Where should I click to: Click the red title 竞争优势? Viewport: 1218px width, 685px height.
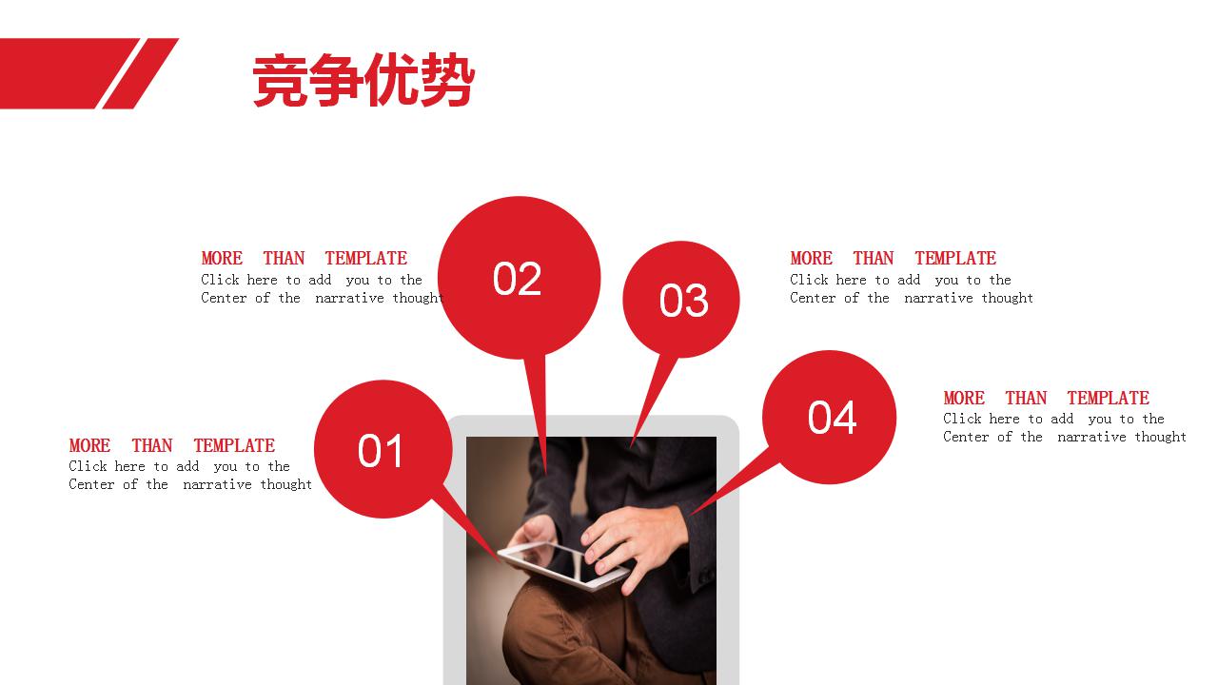point(363,81)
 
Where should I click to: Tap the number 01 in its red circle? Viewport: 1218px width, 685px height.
point(381,451)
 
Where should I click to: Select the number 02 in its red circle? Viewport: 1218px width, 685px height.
point(517,279)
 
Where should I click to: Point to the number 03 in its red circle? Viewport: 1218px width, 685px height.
point(683,301)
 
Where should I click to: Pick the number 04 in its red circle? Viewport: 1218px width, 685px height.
point(832,418)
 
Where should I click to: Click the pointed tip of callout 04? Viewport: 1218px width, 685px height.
point(692,515)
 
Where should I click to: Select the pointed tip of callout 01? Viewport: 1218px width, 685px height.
point(500,559)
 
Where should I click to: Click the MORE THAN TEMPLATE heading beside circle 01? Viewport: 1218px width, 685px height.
point(171,445)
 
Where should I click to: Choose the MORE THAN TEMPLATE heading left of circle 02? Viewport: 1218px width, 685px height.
point(304,258)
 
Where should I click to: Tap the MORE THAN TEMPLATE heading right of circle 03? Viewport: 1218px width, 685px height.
point(893,258)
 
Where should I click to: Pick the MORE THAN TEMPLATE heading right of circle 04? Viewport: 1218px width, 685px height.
point(1046,398)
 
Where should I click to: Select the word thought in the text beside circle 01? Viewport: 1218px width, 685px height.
point(286,484)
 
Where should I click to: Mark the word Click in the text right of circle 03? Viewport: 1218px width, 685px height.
point(809,280)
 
